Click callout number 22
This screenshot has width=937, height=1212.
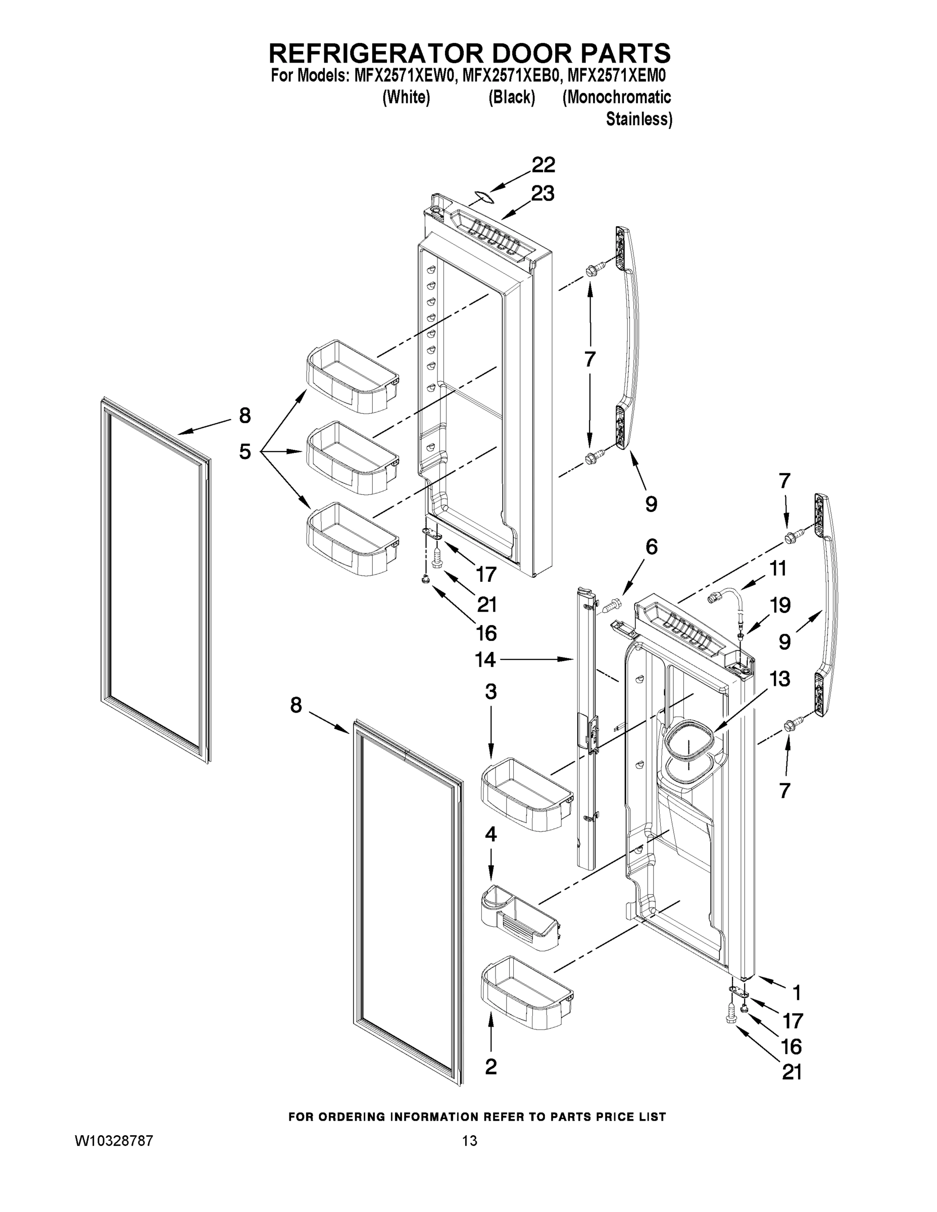[543, 165]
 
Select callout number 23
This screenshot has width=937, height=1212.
[543, 194]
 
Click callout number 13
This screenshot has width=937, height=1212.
[780, 679]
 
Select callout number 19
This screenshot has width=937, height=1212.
[780, 605]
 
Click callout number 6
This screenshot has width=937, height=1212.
[651, 547]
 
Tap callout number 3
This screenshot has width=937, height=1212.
[490, 692]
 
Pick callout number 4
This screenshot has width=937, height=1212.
[490, 834]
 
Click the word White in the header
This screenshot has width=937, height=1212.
[406, 97]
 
